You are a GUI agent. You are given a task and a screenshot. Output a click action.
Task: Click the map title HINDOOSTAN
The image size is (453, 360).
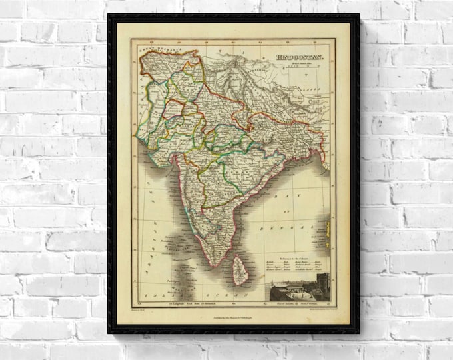tap(300, 57)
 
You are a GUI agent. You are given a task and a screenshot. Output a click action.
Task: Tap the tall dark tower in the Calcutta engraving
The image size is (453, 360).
tap(321, 283)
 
